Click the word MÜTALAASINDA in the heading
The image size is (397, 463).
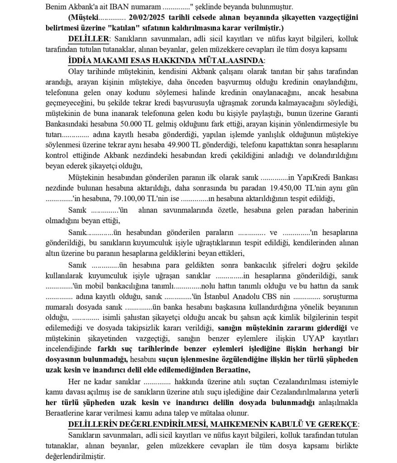[230, 61]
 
